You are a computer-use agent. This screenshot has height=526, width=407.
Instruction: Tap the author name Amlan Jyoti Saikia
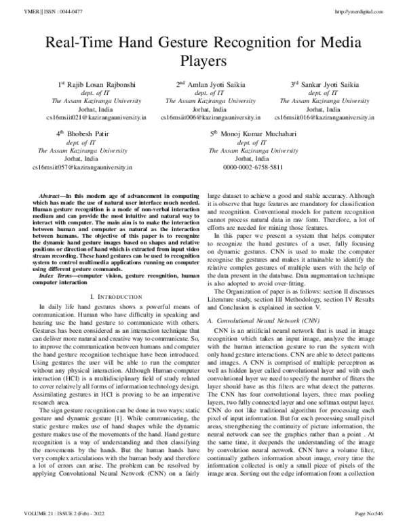(x=208, y=85)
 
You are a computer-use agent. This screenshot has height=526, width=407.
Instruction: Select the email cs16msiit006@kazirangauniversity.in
(x=203, y=117)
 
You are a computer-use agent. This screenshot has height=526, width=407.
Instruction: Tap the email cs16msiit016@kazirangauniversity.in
(x=316, y=117)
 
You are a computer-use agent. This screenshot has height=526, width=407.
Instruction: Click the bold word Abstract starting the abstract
(x=51, y=195)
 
